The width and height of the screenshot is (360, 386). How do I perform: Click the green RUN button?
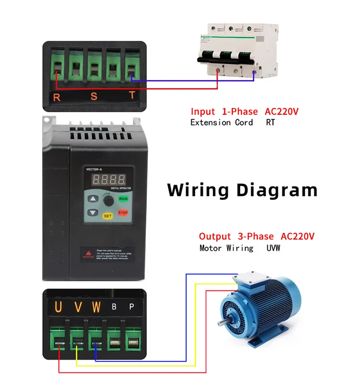click(123, 198)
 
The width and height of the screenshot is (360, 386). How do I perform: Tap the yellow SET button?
click(108, 216)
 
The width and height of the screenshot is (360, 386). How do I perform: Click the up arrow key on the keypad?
click(93, 198)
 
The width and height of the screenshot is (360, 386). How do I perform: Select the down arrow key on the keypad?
click(93, 213)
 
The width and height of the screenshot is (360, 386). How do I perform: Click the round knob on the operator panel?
click(108, 199)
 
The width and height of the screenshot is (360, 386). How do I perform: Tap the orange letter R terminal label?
click(57, 97)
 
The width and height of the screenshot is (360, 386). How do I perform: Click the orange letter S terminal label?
click(94, 97)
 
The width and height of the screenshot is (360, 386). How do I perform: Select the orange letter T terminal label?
click(132, 96)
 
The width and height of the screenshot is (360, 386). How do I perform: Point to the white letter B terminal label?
click(114, 307)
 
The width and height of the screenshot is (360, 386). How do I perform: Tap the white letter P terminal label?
click(132, 307)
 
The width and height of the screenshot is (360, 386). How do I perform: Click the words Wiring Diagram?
click(242, 190)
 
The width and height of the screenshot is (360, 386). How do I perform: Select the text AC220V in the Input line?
click(282, 112)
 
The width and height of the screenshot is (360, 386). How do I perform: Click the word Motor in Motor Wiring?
click(211, 248)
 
